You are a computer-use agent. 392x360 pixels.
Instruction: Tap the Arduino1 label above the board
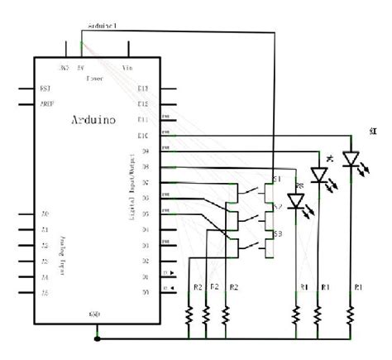[x=103, y=26]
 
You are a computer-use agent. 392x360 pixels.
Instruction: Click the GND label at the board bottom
[x=95, y=315]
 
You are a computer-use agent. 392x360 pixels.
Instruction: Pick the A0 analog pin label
[x=45, y=214]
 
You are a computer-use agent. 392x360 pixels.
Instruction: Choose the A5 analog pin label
[x=45, y=293]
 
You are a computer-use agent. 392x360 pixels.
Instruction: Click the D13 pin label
[x=143, y=89]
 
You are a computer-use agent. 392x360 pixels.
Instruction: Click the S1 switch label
[x=277, y=179]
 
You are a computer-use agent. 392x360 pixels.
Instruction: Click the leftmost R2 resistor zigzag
[x=189, y=314]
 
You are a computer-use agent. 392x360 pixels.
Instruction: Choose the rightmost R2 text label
[x=234, y=286]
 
